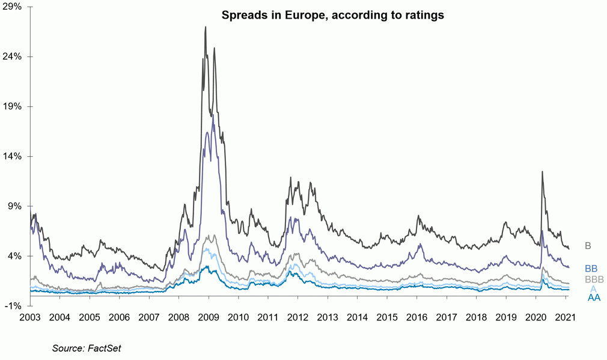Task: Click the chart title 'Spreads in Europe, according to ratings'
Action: [332, 16]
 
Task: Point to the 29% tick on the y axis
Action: [13, 7]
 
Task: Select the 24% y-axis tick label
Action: [13, 56]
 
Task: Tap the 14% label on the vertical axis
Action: [13, 156]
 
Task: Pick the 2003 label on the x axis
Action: [31, 317]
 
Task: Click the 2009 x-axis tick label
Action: [209, 317]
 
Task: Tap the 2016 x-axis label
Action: [416, 317]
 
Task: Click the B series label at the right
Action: [588, 246]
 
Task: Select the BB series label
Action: [591, 269]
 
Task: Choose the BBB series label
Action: [594, 279]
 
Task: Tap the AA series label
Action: [594, 297]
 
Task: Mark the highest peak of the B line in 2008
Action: [206, 27]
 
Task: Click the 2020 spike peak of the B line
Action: [542, 172]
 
